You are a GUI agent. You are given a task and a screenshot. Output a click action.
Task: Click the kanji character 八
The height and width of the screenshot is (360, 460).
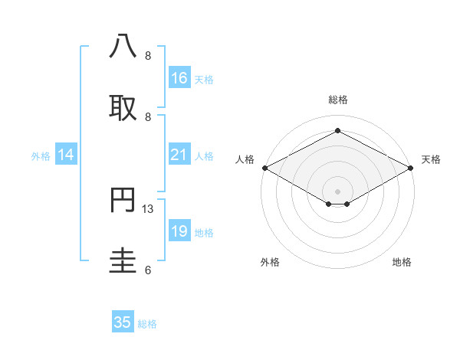click(123, 47)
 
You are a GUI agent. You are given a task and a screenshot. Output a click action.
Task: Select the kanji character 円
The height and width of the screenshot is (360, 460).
click(123, 200)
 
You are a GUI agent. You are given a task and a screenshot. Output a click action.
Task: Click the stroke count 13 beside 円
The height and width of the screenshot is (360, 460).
click(149, 208)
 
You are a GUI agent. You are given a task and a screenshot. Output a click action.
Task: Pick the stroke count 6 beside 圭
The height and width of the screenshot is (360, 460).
click(148, 270)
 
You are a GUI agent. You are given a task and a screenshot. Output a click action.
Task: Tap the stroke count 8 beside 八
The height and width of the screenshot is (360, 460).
click(148, 55)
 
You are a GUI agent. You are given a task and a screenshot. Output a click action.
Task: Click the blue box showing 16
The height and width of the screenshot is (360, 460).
click(179, 78)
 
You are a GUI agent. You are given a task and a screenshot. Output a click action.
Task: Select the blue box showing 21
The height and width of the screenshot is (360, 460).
click(179, 155)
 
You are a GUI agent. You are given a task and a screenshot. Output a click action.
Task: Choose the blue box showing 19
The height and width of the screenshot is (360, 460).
click(179, 231)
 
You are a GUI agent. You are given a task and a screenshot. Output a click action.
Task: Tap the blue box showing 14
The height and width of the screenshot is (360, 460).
click(66, 155)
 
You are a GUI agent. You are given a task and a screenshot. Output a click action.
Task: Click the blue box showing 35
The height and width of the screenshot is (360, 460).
click(123, 322)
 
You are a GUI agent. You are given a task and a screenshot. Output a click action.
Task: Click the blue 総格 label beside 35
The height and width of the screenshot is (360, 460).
click(147, 324)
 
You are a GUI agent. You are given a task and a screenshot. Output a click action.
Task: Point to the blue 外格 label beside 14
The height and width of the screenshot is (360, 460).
click(41, 156)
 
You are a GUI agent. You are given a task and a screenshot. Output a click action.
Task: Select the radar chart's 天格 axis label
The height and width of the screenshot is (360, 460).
click(431, 159)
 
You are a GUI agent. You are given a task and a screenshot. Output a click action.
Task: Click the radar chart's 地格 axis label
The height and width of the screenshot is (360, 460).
click(402, 262)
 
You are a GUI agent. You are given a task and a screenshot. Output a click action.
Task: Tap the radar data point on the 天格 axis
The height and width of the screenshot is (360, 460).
click(412, 168)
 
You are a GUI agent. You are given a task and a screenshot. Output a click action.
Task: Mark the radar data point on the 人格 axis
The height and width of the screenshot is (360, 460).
click(264, 168)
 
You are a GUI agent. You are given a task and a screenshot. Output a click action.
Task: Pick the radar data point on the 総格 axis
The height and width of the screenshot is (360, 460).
click(338, 132)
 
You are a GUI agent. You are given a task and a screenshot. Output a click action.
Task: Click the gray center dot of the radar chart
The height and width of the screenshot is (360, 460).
click(338, 191)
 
